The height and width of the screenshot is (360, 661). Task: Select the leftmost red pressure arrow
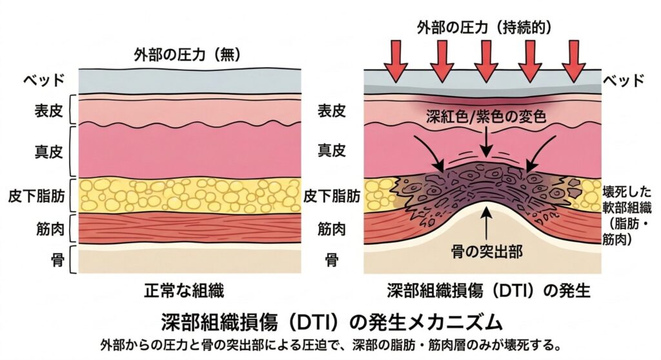(x=395, y=61)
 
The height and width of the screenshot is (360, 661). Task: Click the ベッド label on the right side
(x=624, y=81)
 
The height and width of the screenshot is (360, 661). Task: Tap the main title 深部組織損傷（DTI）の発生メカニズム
(x=330, y=321)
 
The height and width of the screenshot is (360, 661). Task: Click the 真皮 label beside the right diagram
(x=332, y=150)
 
